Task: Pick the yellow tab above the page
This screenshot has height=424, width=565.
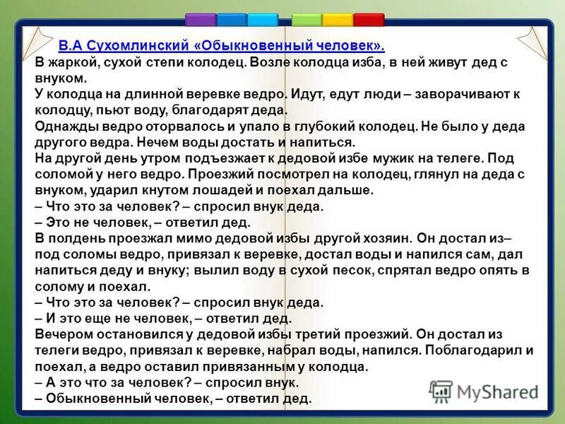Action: point(338,19)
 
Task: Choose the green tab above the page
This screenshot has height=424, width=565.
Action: point(307,19)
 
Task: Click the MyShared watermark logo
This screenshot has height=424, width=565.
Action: point(484,391)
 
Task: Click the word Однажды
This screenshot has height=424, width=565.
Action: point(64,126)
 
